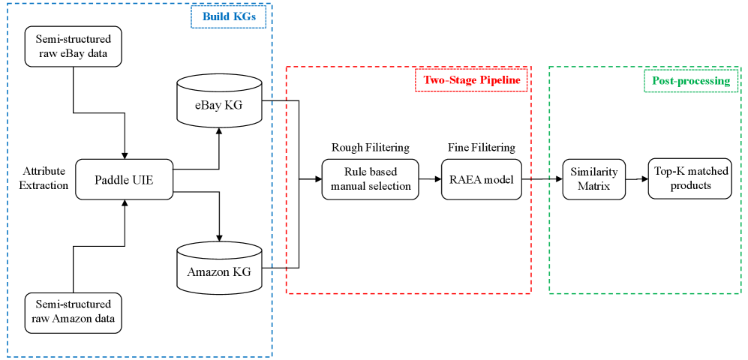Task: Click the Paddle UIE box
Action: click(124, 180)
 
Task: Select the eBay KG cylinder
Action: click(219, 100)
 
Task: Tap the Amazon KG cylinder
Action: click(219, 268)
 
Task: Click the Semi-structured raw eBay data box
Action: click(73, 46)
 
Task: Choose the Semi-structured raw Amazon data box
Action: click(73, 312)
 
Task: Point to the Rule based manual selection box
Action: click(371, 179)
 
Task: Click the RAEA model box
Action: click(481, 179)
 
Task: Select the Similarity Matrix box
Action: click(593, 179)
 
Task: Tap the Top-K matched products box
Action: click(689, 178)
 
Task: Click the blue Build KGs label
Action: click(229, 16)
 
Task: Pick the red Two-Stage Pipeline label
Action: click(472, 80)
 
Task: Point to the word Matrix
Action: click(593, 186)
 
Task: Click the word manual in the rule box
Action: click(350, 186)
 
